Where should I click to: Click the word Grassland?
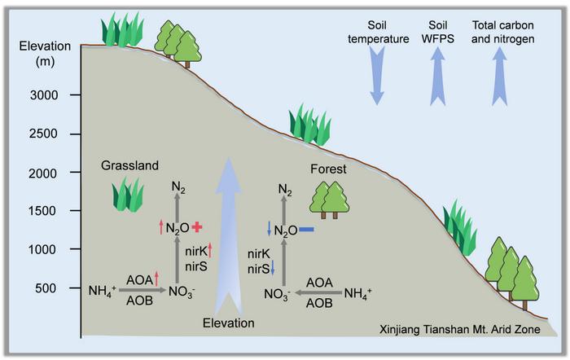point(129,165)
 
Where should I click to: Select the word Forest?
point(328,169)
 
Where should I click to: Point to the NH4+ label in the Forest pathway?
point(358,293)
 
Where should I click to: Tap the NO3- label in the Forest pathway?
point(277,295)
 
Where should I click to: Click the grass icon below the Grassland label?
point(128,195)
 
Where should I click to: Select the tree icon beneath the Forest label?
point(330,200)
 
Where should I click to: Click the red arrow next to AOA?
point(156,279)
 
